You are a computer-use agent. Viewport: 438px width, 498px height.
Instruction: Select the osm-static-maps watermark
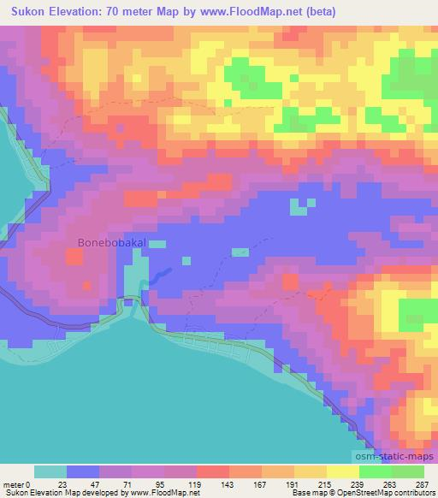[394, 458]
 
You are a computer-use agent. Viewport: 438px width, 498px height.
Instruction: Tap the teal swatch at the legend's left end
[50, 471]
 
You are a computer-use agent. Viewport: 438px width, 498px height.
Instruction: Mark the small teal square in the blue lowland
[298, 206]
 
